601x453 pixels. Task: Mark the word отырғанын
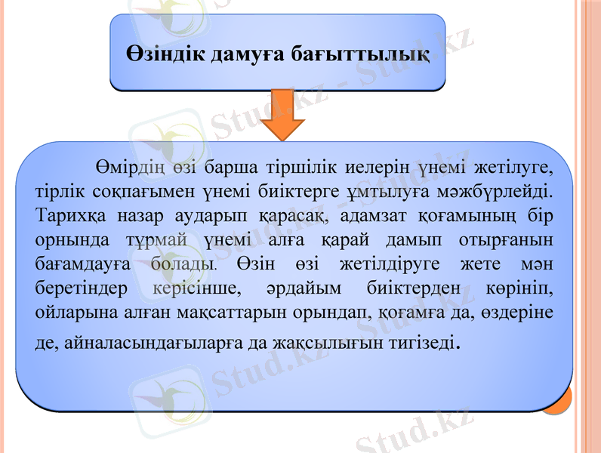(507, 239)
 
